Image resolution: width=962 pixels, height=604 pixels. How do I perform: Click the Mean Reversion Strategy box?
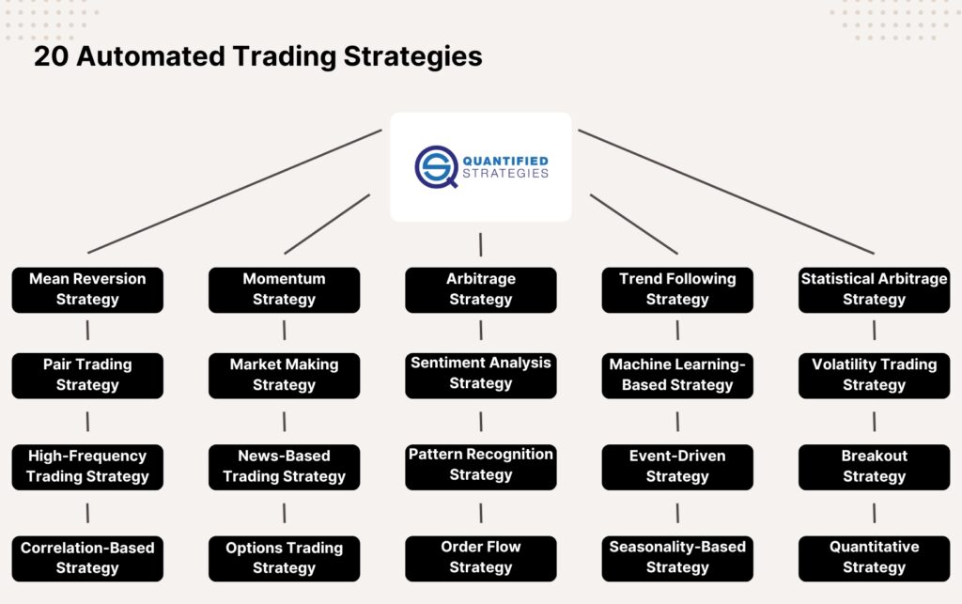pyautogui.click(x=87, y=289)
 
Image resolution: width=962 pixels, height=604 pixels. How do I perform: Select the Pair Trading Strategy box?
pyautogui.click(x=87, y=375)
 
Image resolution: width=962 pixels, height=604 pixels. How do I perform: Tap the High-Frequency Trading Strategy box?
pyautogui.click(x=87, y=467)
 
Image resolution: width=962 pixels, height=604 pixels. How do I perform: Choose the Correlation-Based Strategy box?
pyautogui.click(x=87, y=558)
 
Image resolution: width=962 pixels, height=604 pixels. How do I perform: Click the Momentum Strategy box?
pyautogui.click(x=284, y=289)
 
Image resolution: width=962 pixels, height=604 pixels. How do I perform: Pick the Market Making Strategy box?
pyautogui.click(x=284, y=375)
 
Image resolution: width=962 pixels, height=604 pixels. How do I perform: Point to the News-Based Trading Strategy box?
pyautogui.click(x=284, y=467)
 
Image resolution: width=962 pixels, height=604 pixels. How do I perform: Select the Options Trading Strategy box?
pyautogui.click(x=284, y=558)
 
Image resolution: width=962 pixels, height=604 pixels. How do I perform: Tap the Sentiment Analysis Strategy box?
pyautogui.click(x=481, y=374)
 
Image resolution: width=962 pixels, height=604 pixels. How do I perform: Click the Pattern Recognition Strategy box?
pyautogui.click(x=481, y=466)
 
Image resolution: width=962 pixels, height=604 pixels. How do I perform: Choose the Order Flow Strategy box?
pyautogui.click(x=481, y=557)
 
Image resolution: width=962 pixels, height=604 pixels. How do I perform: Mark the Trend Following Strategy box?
pyautogui.click(x=677, y=289)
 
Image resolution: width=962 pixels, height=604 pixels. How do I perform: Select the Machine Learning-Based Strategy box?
pyautogui.click(x=677, y=375)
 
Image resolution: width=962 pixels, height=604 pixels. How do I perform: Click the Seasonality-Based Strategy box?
pyautogui.click(x=677, y=557)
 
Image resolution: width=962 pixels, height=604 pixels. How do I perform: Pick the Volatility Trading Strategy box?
pyautogui.click(x=874, y=375)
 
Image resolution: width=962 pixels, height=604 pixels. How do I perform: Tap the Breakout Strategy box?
pyautogui.click(x=874, y=467)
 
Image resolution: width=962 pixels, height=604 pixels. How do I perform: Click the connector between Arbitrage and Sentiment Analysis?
pyautogui.click(x=481, y=330)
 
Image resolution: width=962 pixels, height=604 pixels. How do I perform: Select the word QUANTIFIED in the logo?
pyautogui.click(x=505, y=161)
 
